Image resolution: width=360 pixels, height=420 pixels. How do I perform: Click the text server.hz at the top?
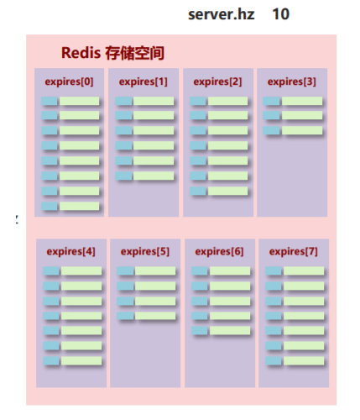[x=221, y=14]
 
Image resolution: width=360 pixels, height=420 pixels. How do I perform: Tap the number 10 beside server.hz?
[x=281, y=14]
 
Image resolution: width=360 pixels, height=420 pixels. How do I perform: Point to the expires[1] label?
[x=143, y=81]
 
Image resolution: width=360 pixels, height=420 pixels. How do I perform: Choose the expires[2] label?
[x=217, y=81]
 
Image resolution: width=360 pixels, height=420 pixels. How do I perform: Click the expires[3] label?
[x=291, y=81]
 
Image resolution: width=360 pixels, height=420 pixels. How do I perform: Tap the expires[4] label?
[x=70, y=250]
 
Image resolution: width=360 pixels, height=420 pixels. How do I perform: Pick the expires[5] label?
[x=145, y=250]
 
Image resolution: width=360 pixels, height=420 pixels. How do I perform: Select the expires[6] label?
[x=219, y=250]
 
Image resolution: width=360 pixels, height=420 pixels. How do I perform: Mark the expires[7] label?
[x=293, y=250]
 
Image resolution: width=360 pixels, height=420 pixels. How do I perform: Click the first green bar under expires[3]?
[x=302, y=101]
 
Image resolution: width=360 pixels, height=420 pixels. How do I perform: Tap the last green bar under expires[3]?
[x=302, y=130]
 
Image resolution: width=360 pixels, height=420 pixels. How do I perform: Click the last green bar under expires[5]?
[x=155, y=316]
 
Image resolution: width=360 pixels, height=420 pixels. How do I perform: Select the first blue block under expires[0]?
[x=50, y=101]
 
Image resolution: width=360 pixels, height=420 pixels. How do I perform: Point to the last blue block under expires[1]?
[x=124, y=176]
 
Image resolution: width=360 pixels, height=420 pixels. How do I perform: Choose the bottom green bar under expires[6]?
[x=229, y=331]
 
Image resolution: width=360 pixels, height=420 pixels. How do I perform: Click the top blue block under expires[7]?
[x=274, y=270]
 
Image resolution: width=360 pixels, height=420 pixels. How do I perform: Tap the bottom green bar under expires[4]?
[x=81, y=361]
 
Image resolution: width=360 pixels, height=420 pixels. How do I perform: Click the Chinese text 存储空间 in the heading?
[x=134, y=53]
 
